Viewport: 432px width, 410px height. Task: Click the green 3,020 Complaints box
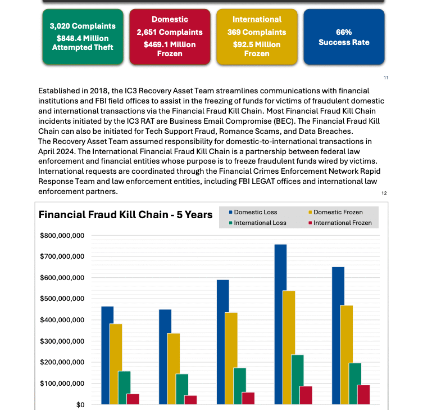click(83, 37)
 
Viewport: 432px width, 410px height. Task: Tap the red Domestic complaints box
click(170, 37)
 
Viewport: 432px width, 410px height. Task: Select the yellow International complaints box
click(257, 37)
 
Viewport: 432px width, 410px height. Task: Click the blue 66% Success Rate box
click(344, 37)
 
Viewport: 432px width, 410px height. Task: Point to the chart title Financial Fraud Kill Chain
click(125, 215)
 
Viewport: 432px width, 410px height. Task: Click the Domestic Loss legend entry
click(253, 212)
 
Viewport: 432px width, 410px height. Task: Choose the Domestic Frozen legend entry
click(335, 212)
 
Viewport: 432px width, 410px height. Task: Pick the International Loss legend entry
click(258, 223)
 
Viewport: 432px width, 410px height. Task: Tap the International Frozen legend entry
click(340, 223)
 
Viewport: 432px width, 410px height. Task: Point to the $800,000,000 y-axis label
click(62, 235)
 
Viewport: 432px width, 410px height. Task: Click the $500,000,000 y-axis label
click(62, 299)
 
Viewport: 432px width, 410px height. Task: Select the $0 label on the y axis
click(80, 405)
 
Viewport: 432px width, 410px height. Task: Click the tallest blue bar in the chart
click(280, 325)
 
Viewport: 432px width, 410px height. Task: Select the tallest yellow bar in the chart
click(289, 348)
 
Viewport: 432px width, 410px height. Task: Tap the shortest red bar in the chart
click(190, 400)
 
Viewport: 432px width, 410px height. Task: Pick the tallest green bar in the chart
click(297, 380)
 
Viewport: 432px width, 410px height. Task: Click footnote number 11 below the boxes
click(386, 78)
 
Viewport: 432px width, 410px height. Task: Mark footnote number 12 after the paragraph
click(384, 193)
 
